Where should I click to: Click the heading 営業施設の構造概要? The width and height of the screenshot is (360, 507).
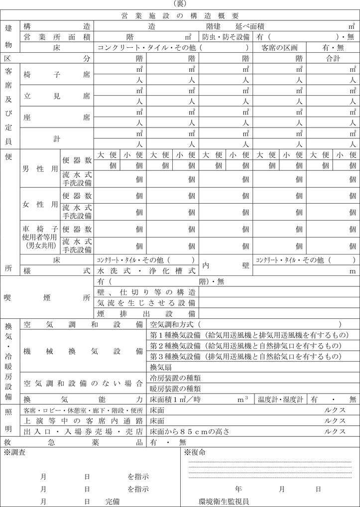(180, 16)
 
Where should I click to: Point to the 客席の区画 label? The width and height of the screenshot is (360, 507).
(279, 48)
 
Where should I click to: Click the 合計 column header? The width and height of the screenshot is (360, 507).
(333, 58)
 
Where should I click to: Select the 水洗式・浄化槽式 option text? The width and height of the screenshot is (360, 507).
(146, 271)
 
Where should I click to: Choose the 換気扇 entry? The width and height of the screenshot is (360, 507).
(161, 367)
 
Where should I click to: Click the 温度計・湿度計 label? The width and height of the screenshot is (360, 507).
(280, 399)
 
